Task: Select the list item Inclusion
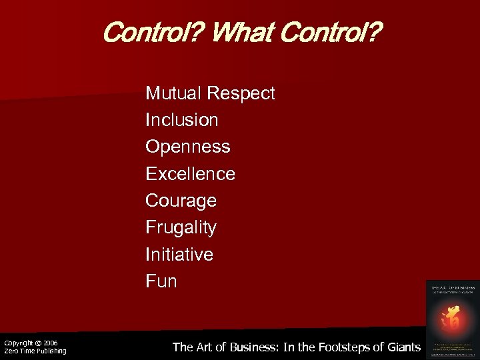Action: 182,120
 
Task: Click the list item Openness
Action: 188,147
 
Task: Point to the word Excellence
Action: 190,174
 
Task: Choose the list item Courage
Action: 181,201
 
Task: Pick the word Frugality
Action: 181,228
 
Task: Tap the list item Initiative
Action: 179,254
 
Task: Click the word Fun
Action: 161,281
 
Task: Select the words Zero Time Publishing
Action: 35,351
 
